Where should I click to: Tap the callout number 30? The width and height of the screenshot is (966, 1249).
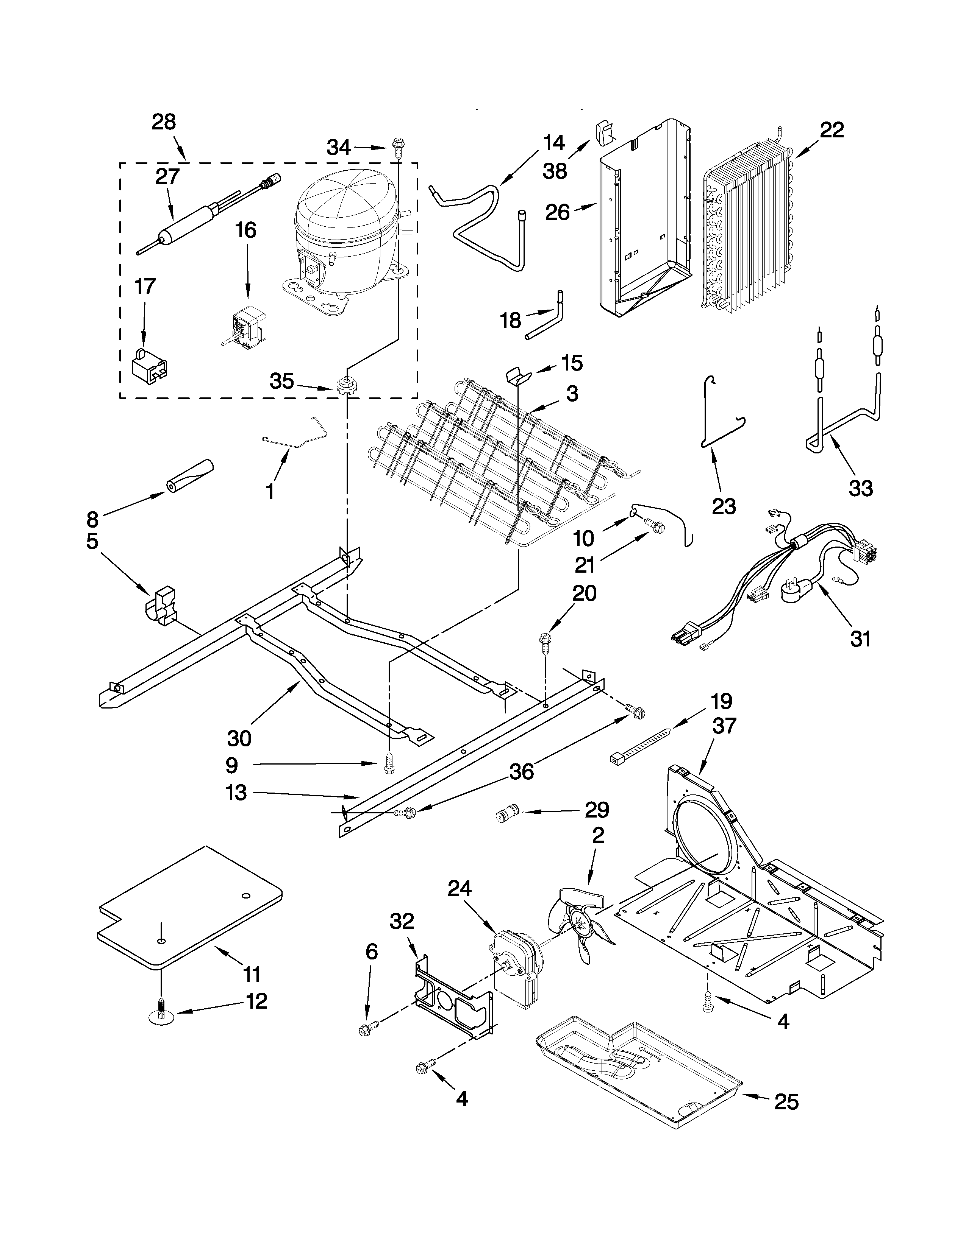point(239,738)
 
